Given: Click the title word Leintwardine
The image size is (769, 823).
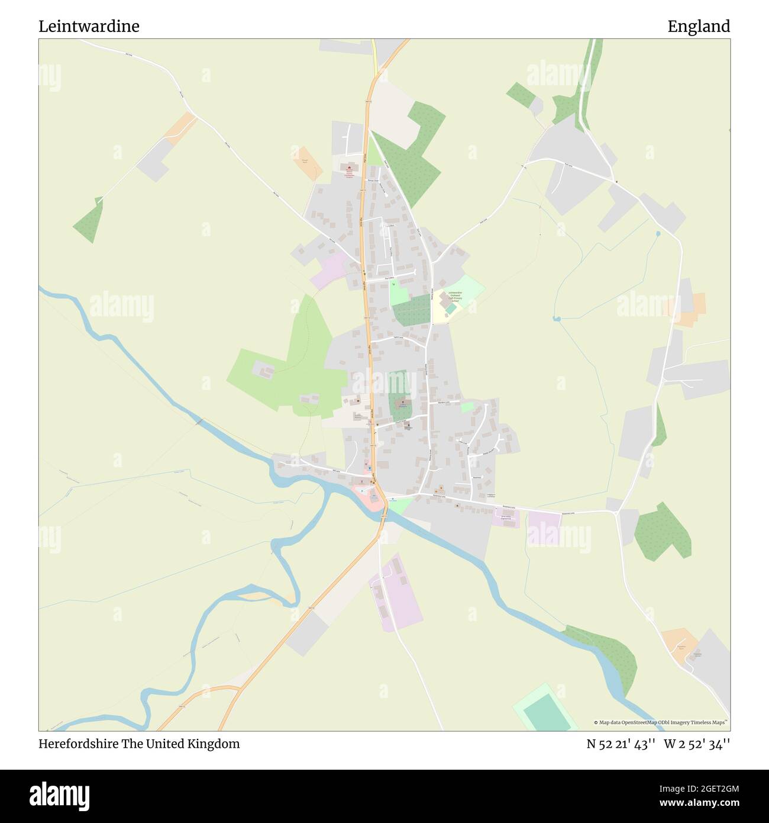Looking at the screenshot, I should [x=89, y=27].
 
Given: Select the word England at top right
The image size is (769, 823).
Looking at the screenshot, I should [x=699, y=27].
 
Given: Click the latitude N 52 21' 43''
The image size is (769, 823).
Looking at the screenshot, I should [x=621, y=744].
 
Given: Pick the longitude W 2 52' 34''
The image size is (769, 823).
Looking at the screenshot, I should [x=697, y=744].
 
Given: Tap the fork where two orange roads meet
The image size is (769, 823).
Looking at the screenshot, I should [x=239, y=688].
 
